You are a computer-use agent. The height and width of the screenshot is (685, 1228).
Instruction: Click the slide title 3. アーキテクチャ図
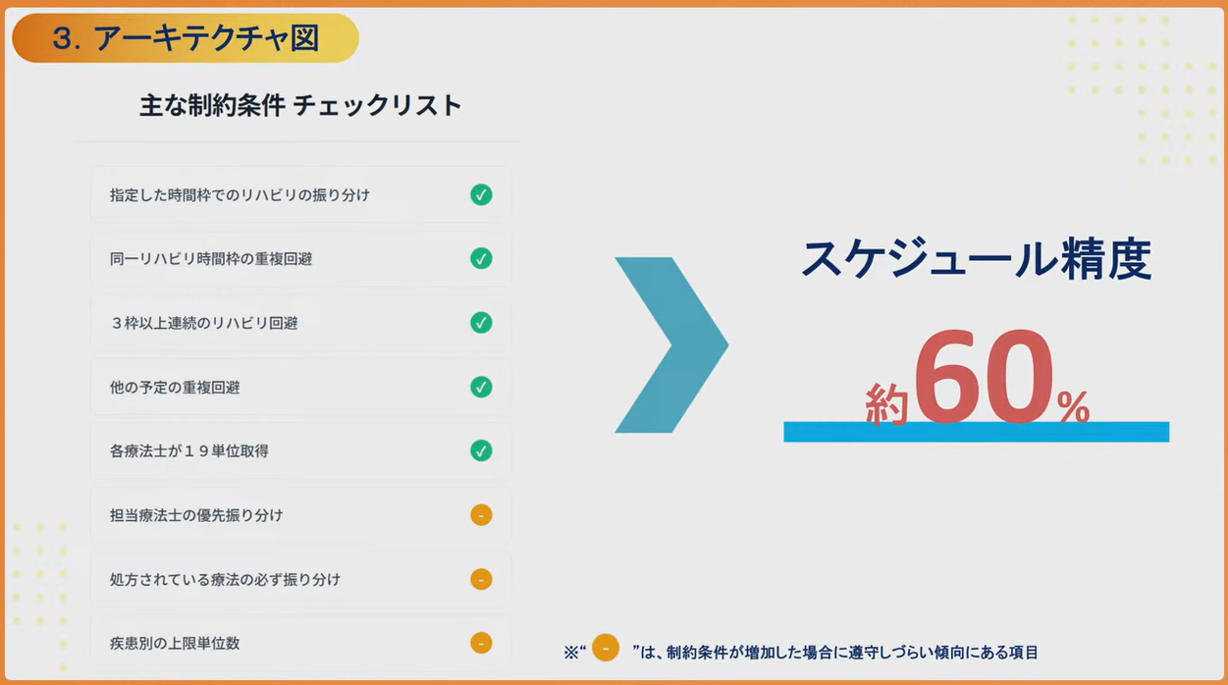tap(186, 38)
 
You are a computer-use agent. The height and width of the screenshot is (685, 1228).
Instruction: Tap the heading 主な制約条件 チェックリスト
tap(300, 105)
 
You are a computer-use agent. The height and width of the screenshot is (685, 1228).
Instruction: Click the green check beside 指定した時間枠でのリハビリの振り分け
tap(481, 194)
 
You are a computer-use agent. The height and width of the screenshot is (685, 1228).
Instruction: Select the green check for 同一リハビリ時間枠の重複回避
tap(481, 258)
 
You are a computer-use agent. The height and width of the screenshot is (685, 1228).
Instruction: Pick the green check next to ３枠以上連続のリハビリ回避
tap(481, 322)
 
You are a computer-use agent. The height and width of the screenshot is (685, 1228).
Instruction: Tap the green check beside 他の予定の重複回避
tap(481, 387)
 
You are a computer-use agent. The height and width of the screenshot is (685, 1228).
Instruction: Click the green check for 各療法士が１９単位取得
tap(481, 450)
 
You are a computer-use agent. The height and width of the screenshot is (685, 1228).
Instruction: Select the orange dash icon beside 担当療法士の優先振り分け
tap(481, 514)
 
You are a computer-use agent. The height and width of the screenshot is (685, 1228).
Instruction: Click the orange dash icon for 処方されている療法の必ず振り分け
tap(481, 579)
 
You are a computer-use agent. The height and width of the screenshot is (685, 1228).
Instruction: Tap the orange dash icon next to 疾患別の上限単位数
tap(481, 642)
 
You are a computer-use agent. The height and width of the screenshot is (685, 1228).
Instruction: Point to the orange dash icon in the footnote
tap(606, 647)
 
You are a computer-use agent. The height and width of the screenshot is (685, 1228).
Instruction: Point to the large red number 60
tap(984, 376)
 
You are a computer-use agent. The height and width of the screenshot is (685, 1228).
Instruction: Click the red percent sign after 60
tap(1073, 406)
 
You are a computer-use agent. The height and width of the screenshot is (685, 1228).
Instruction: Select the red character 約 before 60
tap(886, 404)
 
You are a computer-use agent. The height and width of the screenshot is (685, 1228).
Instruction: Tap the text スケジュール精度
tap(977, 259)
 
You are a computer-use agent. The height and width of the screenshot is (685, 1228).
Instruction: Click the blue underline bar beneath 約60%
tap(977, 432)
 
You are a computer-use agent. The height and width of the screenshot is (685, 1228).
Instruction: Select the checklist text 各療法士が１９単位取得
tap(189, 451)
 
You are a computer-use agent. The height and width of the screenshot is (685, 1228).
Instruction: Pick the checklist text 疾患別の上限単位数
tap(175, 643)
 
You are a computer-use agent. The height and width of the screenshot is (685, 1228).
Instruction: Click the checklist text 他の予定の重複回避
tap(175, 388)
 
